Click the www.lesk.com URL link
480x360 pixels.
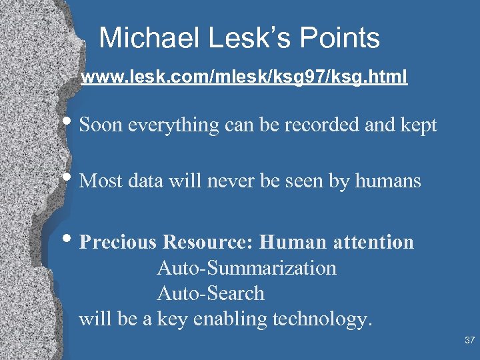[244, 78]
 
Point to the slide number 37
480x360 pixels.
[469, 341]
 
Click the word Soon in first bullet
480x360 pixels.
[102, 125]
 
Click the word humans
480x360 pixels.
[389, 181]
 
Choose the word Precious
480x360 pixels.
[117, 242]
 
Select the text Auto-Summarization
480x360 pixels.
[247, 268]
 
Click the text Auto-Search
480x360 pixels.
[211, 293]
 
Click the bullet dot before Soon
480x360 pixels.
[71, 124]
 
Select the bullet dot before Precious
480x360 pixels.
[71, 241]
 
